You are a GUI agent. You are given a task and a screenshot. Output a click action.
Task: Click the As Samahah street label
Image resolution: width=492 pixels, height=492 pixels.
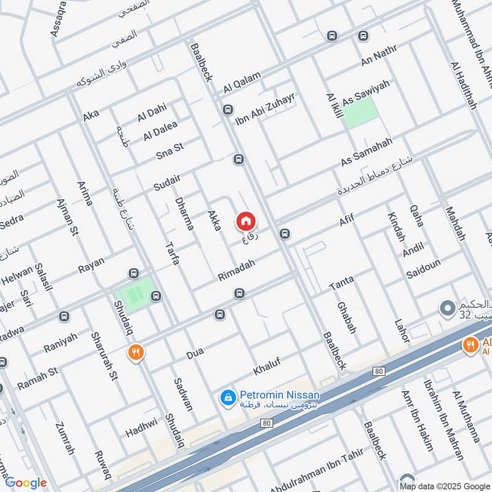pos(367,152)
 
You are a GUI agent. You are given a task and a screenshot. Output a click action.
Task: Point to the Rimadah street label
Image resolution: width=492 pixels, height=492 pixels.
pos(236,270)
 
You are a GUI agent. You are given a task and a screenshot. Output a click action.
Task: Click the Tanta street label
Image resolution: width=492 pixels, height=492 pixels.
pos(341,284)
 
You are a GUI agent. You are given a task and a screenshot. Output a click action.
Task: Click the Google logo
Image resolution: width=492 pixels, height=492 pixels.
pos(25,483)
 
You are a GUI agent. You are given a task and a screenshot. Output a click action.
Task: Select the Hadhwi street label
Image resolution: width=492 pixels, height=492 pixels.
pos(141,426)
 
